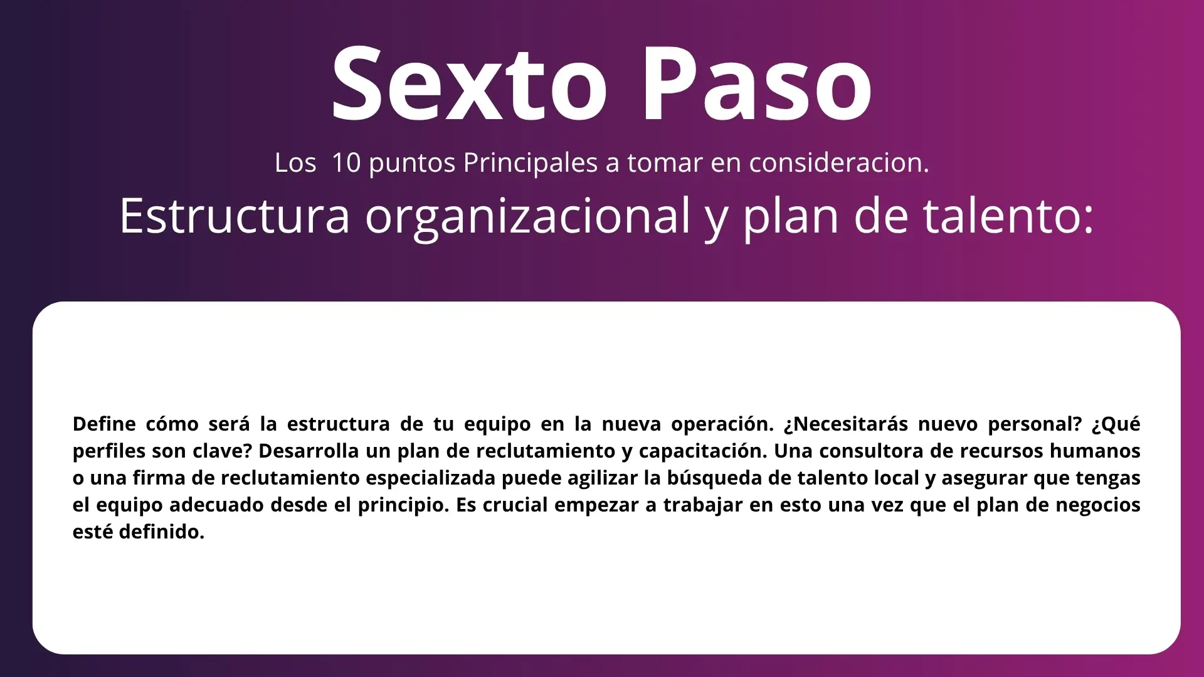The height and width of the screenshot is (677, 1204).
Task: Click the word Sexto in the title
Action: [x=470, y=84]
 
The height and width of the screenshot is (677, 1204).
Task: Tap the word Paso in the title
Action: [x=757, y=84]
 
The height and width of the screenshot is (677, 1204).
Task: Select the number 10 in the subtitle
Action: [x=346, y=162]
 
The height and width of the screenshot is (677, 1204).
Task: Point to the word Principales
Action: [x=531, y=163]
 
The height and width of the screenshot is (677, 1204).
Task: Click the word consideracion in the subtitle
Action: [x=839, y=162]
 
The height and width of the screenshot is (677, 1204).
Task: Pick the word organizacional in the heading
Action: [x=528, y=216]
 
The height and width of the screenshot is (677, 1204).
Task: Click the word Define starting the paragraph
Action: [x=104, y=424]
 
